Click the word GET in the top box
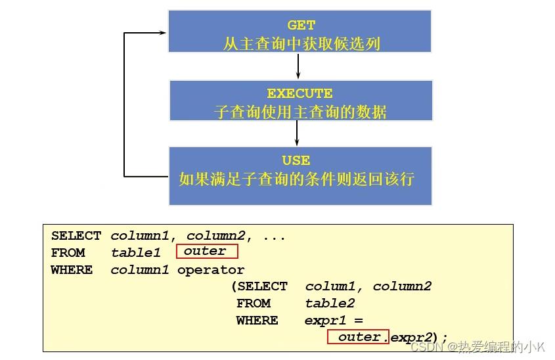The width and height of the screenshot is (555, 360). [x=301, y=26]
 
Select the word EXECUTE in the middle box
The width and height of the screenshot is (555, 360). [x=300, y=93]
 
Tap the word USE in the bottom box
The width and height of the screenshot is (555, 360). [x=296, y=160]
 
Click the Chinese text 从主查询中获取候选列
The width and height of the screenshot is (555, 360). [x=301, y=44]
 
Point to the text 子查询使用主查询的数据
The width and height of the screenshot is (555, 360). [x=300, y=112]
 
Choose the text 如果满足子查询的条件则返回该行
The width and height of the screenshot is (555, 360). [x=297, y=179]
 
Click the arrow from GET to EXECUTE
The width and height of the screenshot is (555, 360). [x=299, y=66]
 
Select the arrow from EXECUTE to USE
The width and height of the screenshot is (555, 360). [x=297, y=133]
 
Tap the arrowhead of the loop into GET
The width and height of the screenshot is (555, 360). [x=162, y=32]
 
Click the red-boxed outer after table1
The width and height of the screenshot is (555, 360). [x=205, y=252]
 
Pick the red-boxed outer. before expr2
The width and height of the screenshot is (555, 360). [x=359, y=337]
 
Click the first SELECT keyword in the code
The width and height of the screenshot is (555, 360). [x=76, y=236]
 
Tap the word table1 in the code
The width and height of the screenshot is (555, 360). [x=135, y=253]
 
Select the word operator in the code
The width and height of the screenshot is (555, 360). [x=210, y=270]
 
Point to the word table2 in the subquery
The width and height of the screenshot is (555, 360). [x=330, y=304]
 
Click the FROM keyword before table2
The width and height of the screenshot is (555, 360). [x=254, y=304]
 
